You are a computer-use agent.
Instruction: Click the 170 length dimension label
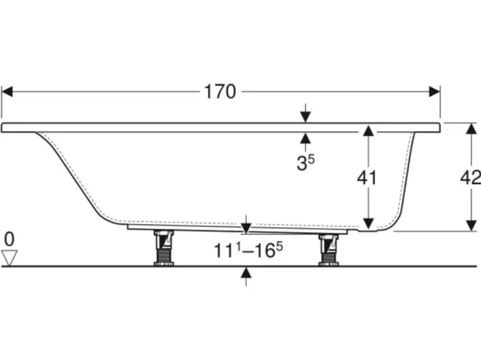click(x=220, y=91)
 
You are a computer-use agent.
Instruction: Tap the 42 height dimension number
click(x=470, y=177)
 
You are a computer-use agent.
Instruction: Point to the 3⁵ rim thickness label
click(x=305, y=164)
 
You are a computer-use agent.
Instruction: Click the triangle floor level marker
click(x=9, y=258)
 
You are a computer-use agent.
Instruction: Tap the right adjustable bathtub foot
click(x=328, y=249)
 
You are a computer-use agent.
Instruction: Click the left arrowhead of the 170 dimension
click(x=7, y=91)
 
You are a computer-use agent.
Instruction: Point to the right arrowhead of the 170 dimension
click(x=434, y=91)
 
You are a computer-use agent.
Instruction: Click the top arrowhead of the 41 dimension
click(x=368, y=131)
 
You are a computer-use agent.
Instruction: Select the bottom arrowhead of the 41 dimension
click(x=368, y=223)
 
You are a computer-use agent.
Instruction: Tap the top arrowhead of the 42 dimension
click(x=471, y=128)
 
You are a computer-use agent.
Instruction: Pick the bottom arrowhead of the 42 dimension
click(x=471, y=225)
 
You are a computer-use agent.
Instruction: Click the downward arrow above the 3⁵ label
click(x=305, y=117)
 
